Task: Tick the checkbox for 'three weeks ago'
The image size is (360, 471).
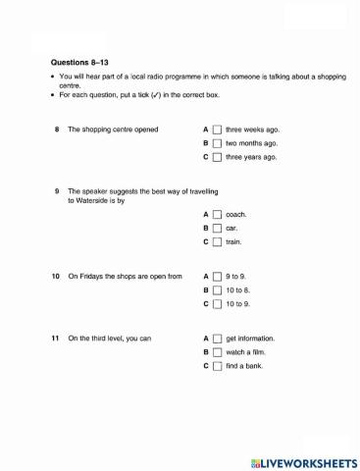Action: [x=218, y=130]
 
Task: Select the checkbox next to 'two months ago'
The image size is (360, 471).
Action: [x=218, y=143]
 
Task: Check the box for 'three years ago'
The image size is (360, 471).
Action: [x=218, y=157]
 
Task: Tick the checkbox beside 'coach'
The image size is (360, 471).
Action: [x=218, y=214]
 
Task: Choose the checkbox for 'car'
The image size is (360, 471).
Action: [x=218, y=228]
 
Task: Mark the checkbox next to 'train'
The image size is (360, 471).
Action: [x=218, y=241]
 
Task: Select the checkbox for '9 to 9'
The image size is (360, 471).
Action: [x=218, y=277]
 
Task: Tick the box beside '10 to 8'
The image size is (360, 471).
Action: [x=218, y=290]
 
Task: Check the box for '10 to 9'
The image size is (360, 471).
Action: [x=218, y=304]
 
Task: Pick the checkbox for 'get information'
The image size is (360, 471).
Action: [x=218, y=339]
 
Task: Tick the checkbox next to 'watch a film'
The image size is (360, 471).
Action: [x=218, y=352]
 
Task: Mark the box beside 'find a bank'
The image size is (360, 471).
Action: [x=218, y=366]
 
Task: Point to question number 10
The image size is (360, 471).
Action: [x=56, y=277]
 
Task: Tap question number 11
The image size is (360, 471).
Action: [x=56, y=339]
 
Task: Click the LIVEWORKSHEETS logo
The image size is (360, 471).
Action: [x=299, y=460]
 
